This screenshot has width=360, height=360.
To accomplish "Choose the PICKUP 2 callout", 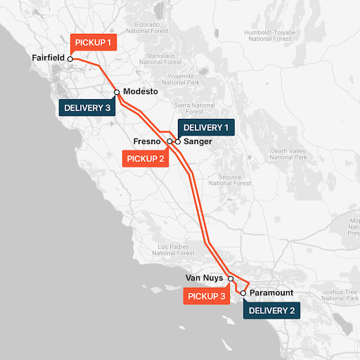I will pyautogui.click(x=146, y=158).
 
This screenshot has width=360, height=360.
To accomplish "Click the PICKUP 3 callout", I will pyautogui.click(x=207, y=296).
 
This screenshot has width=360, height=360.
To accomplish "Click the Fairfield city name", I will pyautogui.click(x=49, y=58).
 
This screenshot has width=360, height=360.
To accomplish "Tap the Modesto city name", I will pyautogui.click(x=141, y=92).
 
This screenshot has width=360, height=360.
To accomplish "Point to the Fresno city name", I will pyautogui.click(x=148, y=141).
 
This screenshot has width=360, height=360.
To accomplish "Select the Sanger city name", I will pyautogui.click(x=197, y=141).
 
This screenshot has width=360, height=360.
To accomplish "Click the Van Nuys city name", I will pyautogui.click(x=204, y=278).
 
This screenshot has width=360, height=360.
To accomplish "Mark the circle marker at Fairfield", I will pyautogui.click(x=70, y=59).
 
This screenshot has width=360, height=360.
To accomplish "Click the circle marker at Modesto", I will pyautogui.click(x=117, y=92).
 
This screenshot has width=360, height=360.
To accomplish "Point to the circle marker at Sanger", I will pyautogui.click(x=178, y=141).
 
